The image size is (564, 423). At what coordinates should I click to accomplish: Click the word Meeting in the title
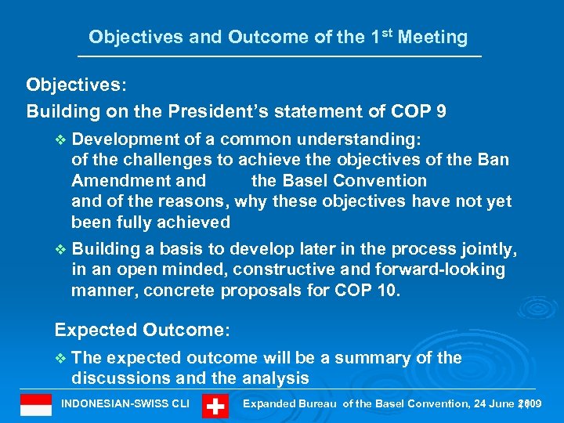click(x=432, y=37)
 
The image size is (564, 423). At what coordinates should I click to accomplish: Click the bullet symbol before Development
click(x=63, y=139)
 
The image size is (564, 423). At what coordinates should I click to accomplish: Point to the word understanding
click(x=360, y=139)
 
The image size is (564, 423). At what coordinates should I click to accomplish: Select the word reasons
click(x=181, y=201)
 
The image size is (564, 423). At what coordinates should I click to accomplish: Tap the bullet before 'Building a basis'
click(x=63, y=249)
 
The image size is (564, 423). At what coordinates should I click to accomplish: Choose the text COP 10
click(x=367, y=291)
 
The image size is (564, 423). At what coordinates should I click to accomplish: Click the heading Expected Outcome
click(x=142, y=330)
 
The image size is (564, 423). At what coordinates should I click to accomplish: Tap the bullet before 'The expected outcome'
click(x=63, y=358)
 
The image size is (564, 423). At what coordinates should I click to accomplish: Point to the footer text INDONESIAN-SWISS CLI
click(x=125, y=404)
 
